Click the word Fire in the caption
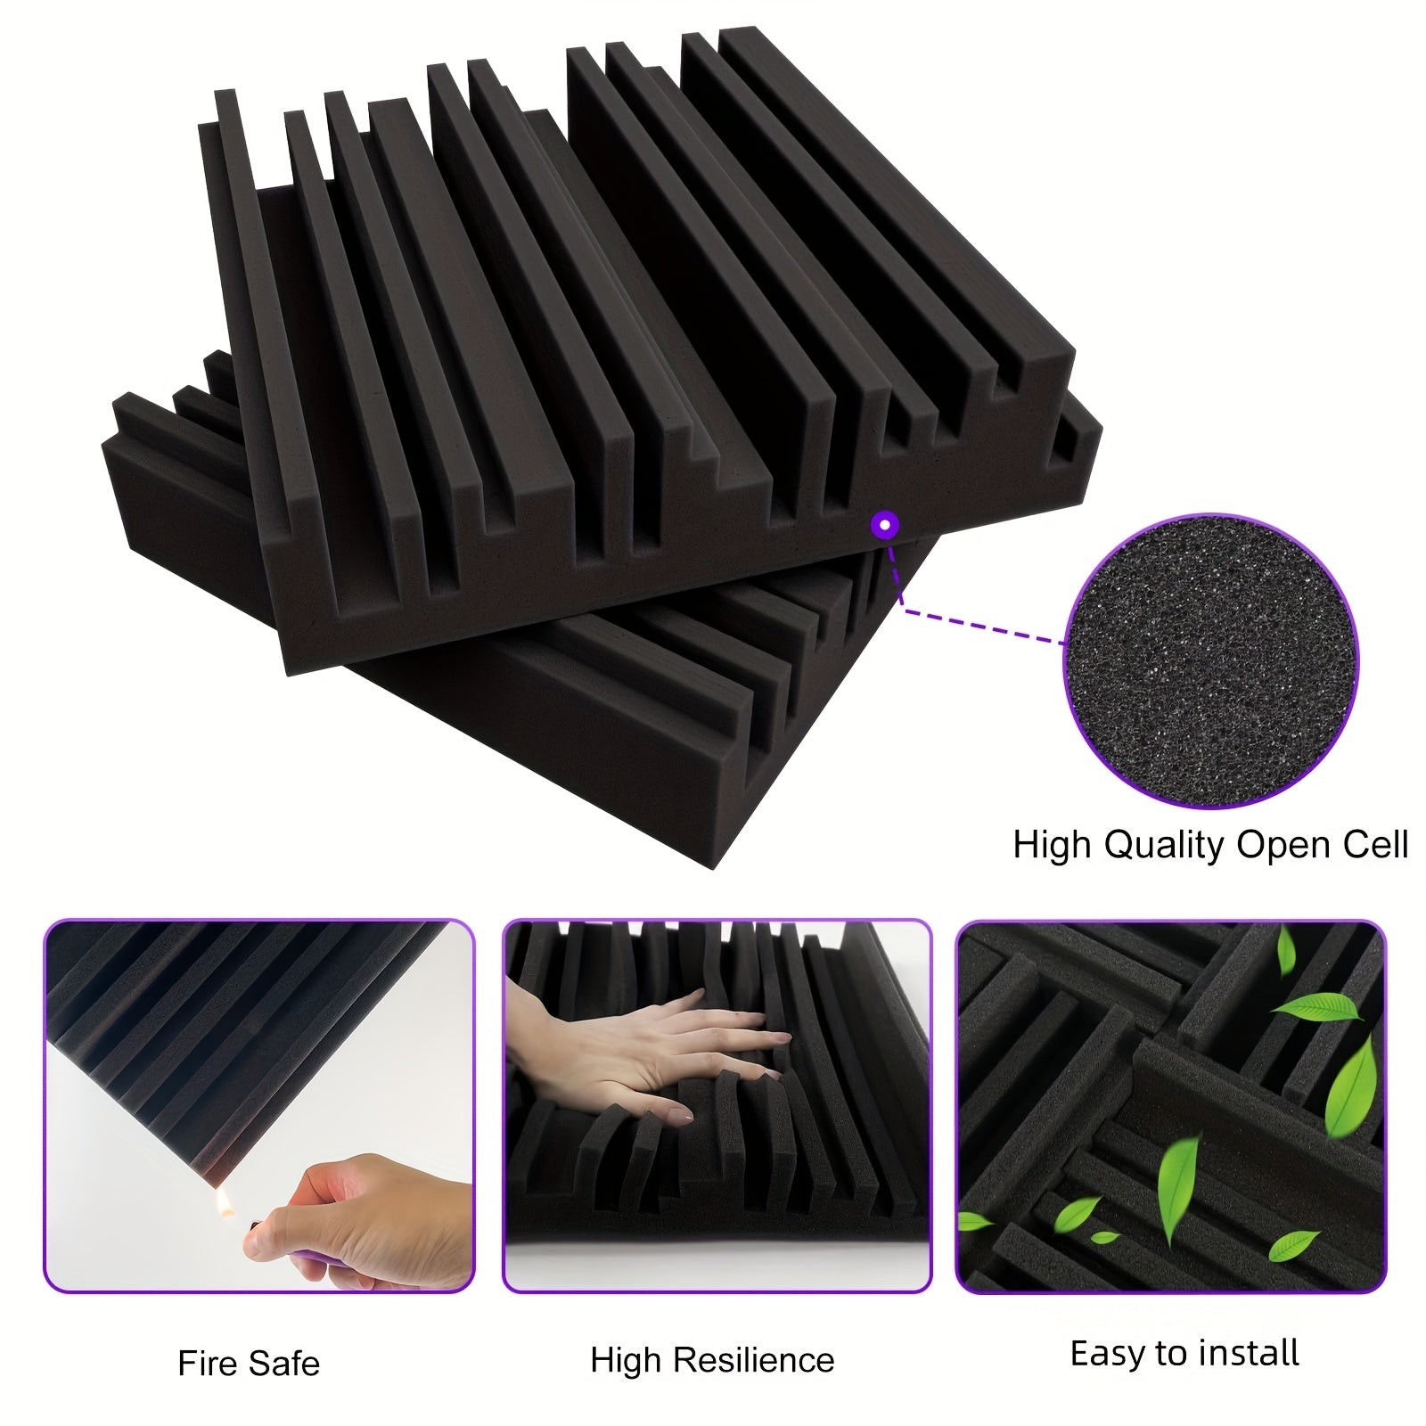click(x=209, y=1364)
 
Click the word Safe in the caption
click(x=284, y=1364)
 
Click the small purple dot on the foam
click(x=884, y=525)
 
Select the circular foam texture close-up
click(x=1213, y=661)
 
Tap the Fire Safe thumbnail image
click(x=259, y=1106)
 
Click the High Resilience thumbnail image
click(x=717, y=1106)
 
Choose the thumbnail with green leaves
click(x=1171, y=1106)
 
